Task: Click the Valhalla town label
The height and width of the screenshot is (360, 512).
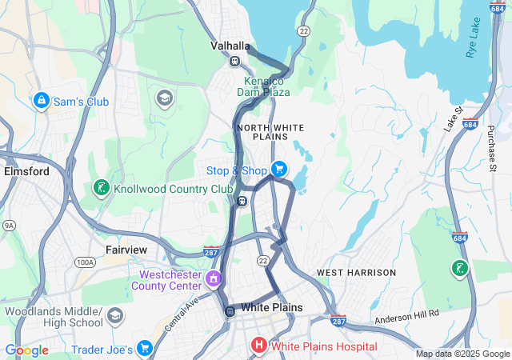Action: point(230,46)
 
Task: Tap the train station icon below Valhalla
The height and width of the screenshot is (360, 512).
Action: point(234,62)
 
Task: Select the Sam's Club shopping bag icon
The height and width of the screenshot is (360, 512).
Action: point(41,102)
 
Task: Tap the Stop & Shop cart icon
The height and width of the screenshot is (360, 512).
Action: point(278,170)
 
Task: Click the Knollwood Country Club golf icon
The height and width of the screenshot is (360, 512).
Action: point(101,188)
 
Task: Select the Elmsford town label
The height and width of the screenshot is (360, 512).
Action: point(26,171)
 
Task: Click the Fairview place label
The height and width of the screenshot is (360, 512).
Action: point(126,250)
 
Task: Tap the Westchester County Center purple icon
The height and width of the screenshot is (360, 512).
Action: point(214,279)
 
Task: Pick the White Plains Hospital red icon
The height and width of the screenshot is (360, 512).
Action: point(259,346)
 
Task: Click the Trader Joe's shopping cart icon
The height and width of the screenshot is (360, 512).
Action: point(144,349)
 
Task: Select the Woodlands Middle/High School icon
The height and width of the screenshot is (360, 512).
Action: point(115,317)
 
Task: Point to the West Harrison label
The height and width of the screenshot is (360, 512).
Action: point(356,273)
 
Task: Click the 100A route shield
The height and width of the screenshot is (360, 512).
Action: point(86,262)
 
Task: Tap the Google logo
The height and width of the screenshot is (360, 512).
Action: point(26,350)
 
